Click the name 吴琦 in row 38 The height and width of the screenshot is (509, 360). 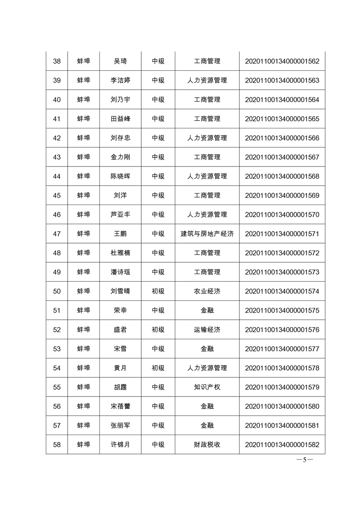(120, 61)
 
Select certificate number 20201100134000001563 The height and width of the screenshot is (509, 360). (282, 80)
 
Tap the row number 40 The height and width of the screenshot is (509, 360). (57, 100)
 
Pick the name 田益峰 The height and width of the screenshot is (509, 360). (120, 119)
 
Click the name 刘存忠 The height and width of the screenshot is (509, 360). (120, 138)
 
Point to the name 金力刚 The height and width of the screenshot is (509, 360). (120, 157)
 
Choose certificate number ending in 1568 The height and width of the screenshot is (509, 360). (282, 176)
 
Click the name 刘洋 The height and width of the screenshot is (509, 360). (120, 196)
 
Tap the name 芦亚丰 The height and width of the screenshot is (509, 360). (120, 215)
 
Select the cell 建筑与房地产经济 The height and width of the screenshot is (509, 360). (207, 234)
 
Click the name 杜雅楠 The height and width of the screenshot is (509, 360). (120, 253)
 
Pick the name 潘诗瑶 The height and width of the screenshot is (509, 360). (120, 272)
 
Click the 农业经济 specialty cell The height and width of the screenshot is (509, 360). (207, 291)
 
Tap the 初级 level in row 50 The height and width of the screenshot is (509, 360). (158, 291)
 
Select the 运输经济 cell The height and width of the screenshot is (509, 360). (207, 330)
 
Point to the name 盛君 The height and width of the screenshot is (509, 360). (120, 330)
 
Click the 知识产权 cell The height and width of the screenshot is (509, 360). (207, 387)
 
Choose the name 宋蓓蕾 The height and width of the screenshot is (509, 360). (120, 406)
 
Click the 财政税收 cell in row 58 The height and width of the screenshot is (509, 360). (207, 445)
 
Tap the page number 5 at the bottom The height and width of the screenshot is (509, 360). (305, 459)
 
